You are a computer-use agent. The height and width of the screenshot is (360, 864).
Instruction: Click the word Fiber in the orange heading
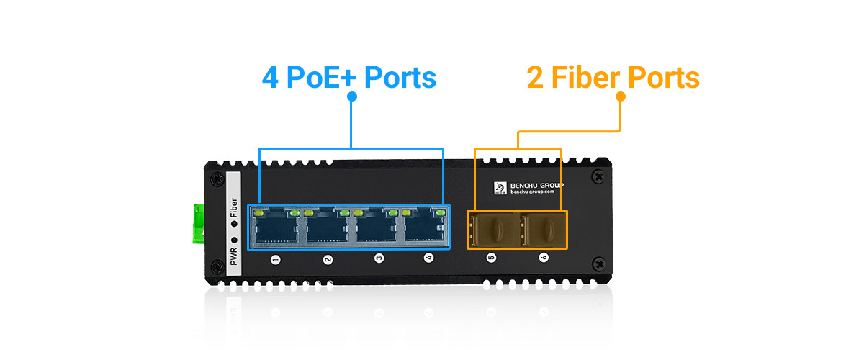click(587, 78)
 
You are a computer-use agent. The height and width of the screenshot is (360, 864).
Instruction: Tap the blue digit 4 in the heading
click(271, 78)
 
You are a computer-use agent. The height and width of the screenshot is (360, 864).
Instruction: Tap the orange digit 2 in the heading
click(535, 78)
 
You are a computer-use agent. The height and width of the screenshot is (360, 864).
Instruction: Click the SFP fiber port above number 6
click(543, 229)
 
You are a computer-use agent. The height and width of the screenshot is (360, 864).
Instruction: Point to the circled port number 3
click(379, 258)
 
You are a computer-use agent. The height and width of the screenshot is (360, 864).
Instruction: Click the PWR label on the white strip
click(233, 256)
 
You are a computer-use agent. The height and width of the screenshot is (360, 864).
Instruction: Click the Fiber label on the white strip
click(233, 209)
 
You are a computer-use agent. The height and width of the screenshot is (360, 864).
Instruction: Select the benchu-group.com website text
click(532, 192)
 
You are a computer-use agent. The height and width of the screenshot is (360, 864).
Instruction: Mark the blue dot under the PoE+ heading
click(351, 96)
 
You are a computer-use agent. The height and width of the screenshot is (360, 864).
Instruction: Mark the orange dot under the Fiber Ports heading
click(620, 96)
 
